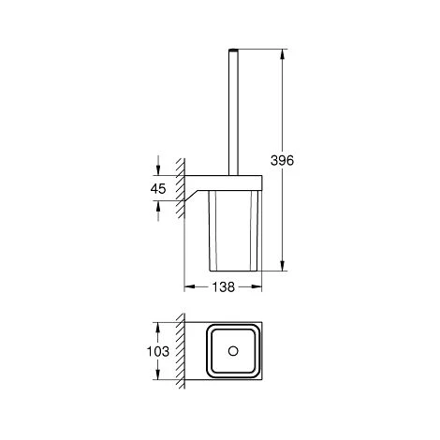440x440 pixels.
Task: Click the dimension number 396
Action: coord(282,160)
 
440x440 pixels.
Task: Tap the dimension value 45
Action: coord(158,189)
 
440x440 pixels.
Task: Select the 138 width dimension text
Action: coord(223,286)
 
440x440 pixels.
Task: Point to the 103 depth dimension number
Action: coord(158,351)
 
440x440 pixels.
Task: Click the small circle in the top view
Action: coord(233,351)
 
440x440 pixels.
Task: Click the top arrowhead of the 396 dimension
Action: coord(283,54)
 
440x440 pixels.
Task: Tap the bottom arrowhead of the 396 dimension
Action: coord(283,266)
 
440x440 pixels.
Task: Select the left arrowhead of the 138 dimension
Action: coord(190,286)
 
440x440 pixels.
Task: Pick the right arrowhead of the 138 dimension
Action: coord(257,286)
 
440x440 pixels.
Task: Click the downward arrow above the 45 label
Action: coord(158,166)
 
